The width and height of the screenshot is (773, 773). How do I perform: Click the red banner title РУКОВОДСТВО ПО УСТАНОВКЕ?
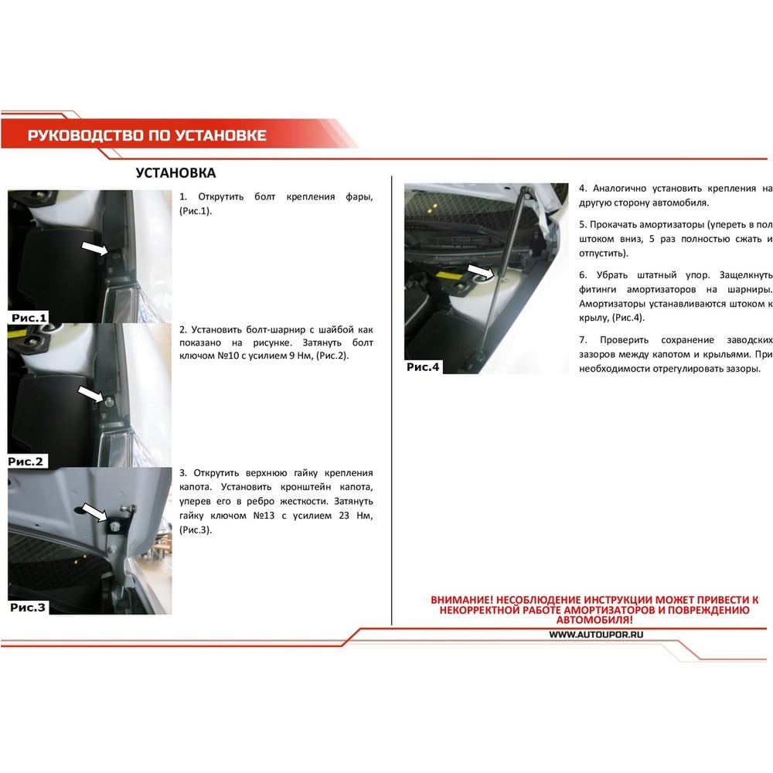[x=147, y=135]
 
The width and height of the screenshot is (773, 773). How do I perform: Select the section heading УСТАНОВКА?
[x=175, y=173]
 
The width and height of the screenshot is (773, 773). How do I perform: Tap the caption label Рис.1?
[x=29, y=318]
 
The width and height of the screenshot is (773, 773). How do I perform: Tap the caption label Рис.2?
[x=26, y=461]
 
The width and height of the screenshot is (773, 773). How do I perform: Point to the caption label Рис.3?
[x=28, y=608]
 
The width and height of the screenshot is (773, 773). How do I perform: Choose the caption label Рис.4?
[x=423, y=366]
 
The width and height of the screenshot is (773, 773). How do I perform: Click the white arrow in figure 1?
[x=94, y=248]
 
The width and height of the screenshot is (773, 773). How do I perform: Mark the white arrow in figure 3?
[x=94, y=512]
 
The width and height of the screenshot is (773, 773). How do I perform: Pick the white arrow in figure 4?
[x=481, y=271]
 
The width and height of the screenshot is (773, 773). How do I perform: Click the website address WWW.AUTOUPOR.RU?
[x=596, y=635]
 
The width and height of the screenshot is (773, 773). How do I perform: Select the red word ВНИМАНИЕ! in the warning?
[x=461, y=600]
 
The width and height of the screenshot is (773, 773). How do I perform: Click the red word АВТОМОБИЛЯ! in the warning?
[x=594, y=620]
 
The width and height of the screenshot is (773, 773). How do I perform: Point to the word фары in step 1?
[x=359, y=197]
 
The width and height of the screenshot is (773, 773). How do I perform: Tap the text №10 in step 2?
[x=228, y=356]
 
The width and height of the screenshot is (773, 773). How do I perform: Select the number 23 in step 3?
[x=344, y=516]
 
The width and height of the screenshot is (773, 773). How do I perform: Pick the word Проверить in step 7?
[x=624, y=340]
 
